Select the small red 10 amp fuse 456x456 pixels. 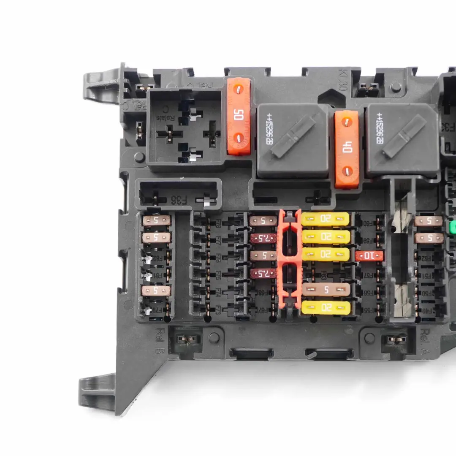pos(369,255)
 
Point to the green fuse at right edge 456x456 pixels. pos(453,228)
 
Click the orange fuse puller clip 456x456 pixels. pos(289,259)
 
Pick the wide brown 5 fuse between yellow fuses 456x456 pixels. pos(326,289)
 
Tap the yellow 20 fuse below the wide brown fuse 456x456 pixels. pos(326,308)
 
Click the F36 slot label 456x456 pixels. pos(179,200)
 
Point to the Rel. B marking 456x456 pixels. pos(159,340)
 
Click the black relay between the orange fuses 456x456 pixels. pos(293,140)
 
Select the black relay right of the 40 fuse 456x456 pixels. pos(402,139)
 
